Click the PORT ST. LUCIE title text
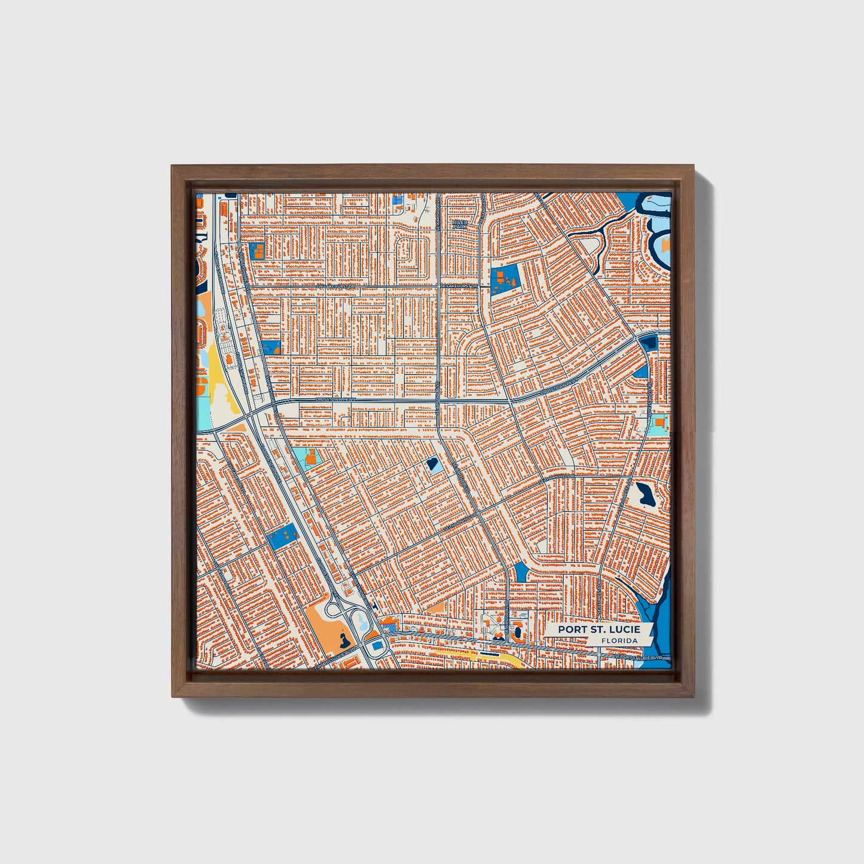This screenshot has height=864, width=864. (599, 630)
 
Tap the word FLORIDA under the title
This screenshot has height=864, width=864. (619, 641)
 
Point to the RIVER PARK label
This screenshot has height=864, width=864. (459, 224)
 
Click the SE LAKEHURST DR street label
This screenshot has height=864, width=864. (460, 286)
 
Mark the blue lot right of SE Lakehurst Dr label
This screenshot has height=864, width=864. (503, 279)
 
